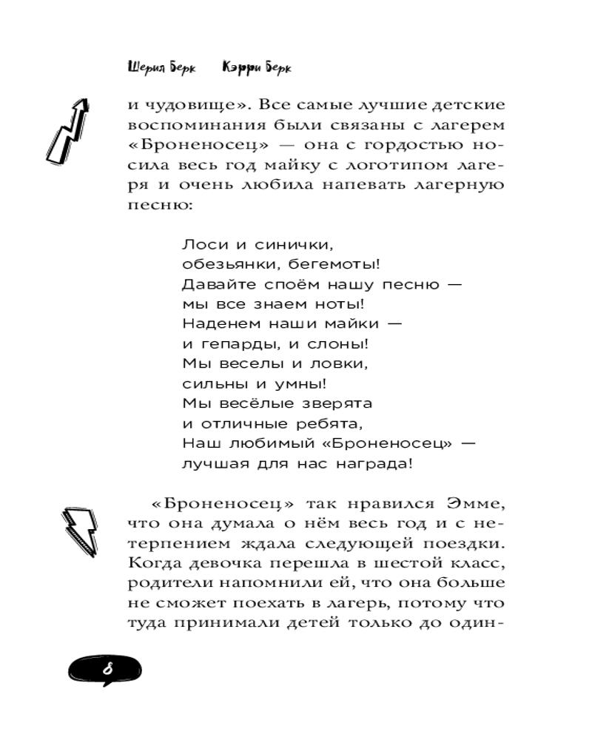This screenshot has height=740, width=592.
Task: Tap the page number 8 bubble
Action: [x=107, y=670]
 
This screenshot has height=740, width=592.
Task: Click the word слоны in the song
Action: [x=341, y=344]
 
